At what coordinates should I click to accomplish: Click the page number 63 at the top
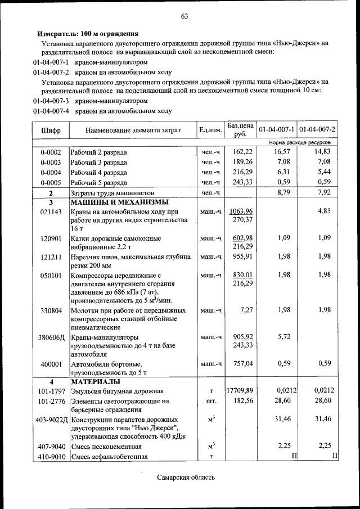(x=183, y=16)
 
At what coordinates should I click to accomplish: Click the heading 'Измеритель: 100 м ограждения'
(x=88, y=34)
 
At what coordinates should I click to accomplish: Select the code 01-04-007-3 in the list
(x=51, y=101)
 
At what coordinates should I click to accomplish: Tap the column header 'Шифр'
(x=51, y=130)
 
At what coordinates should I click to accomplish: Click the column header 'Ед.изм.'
(x=210, y=130)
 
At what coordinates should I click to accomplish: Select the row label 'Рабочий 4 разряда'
(x=98, y=173)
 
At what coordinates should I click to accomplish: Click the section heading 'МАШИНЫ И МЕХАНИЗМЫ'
(x=119, y=202)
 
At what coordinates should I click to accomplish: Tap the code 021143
(x=51, y=211)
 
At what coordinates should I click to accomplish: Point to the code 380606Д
(x=51, y=337)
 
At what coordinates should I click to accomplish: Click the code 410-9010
(x=51, y=456)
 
